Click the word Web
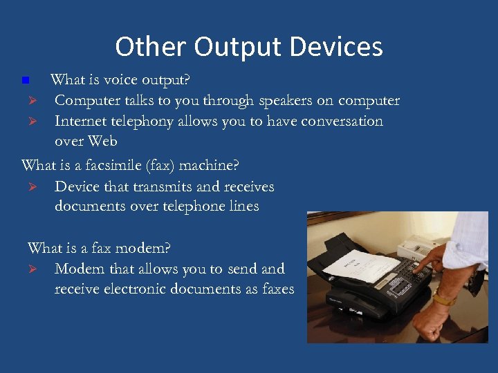(102, 142)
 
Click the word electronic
(133, 289)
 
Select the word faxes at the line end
(278, 289)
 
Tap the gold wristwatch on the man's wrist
(443, 298)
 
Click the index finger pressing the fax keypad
(419, 265)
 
